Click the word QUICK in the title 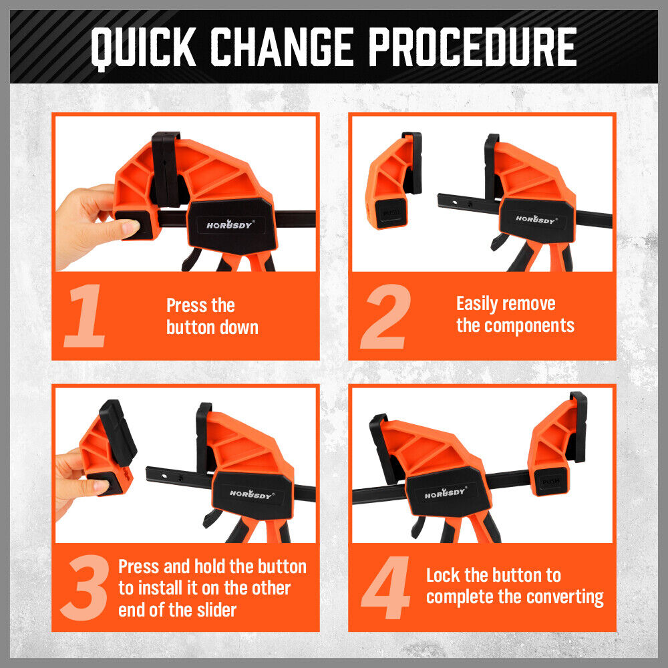pos(144,47)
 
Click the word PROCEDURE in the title pos(473,47)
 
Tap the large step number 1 pos(85,316)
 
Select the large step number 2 pos(385,316)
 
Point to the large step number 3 pos(84,587)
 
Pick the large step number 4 pos(385,587)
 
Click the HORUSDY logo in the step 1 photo pos(230,224)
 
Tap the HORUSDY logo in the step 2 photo pos(536,219)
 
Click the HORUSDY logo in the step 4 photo pos(446,492)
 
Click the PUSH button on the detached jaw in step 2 pos(390,212)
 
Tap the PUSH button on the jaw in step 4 pos(550,482)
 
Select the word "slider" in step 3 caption pos(216,610)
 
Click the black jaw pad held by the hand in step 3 pos(118,432)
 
